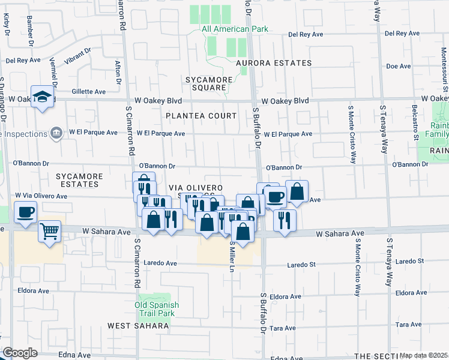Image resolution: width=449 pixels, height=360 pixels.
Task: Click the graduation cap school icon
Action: point(42,97)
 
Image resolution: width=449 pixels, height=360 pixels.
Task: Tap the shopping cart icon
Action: point(49,230)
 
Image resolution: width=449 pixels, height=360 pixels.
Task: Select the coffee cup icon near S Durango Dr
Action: point(26,212)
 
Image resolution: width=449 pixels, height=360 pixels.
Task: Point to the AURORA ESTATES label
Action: point(274,63)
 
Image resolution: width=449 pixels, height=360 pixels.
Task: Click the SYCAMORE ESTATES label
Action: point(79,181)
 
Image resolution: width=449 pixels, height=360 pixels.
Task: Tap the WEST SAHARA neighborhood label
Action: point(138,326)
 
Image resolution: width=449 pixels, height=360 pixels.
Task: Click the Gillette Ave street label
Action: point(88,92)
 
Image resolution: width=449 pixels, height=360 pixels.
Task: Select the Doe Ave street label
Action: point(398,67)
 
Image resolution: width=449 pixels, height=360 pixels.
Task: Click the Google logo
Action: point(19,353)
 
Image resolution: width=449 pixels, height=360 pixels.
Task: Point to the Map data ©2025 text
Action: point(424,355)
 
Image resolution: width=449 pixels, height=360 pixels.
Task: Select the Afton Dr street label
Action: point(118,73)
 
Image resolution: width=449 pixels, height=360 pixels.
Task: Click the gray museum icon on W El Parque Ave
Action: point(56,133)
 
